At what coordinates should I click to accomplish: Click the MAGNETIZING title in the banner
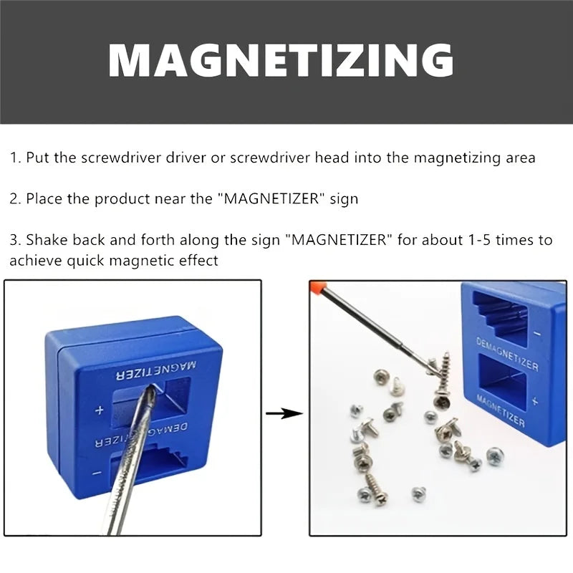[281, 60]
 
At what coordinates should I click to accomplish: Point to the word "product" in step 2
[124, 199]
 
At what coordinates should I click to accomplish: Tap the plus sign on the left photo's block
[100, 410]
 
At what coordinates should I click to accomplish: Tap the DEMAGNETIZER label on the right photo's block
[506, 356]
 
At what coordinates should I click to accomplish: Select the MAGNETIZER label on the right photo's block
[500, 411]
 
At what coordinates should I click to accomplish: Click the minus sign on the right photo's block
[538, 333]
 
